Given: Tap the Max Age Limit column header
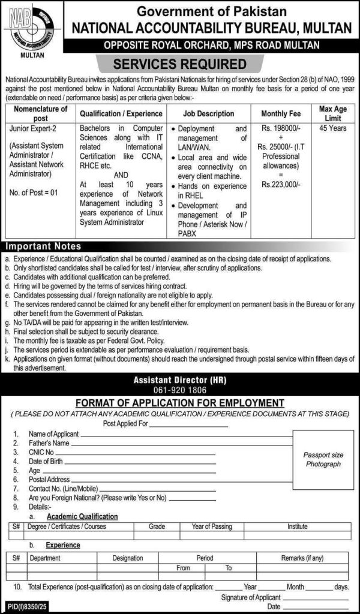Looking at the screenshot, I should [x=333, y=113].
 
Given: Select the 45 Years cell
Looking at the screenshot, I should [x=333, y=128].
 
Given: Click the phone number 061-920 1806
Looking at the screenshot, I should [x=180, y=389].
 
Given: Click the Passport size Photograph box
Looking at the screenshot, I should [x=322, y=460].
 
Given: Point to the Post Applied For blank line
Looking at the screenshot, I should [x=188, y=425].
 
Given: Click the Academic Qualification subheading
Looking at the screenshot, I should [x=82, y=516].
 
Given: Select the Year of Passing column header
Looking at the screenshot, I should [x=212, y=526].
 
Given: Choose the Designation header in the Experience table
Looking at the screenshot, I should [x=127, y=558].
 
